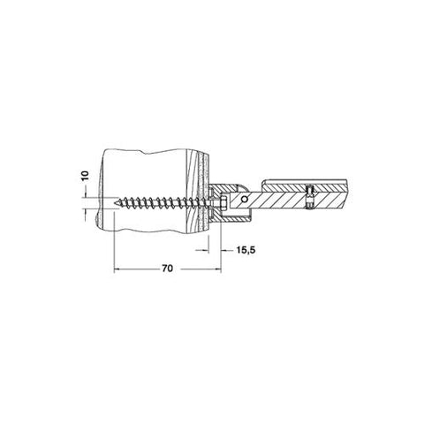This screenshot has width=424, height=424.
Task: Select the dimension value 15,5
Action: pos(247,252)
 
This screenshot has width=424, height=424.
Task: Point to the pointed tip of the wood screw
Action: pos(117,201)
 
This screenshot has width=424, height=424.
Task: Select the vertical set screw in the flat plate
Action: pos(308,200)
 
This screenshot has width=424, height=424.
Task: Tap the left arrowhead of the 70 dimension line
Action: pos(117,270)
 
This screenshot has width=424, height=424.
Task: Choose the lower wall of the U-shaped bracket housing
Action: pos(225,217)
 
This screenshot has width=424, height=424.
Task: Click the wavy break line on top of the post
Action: pos(150,152)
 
